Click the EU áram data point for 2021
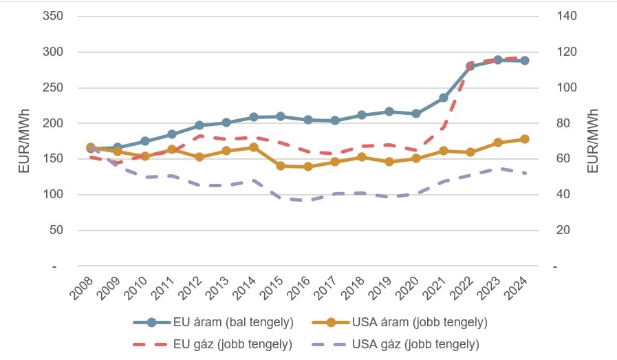click(x=444, y=98)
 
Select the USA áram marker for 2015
click(x=281, y=166)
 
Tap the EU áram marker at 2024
click(x=525, y=61)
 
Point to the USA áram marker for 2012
click(x=199, y=157)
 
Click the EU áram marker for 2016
click(x=308, y=120)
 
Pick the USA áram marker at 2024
click(x=525, y=139)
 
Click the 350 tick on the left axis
click(x=53, y=16)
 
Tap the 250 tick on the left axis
click(x=53, y=87)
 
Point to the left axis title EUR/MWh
click(x=23, y=140)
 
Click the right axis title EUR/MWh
click(x=594, y=140)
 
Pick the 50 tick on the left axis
click(x=56, y=230)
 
